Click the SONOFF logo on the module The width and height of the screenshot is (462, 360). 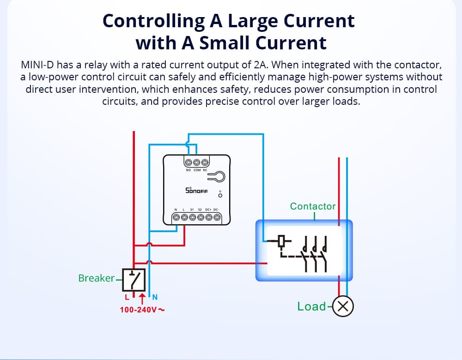[196, 190]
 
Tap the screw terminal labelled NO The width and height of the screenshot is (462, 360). [188, 162]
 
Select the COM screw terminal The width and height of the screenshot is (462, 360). [197, 162]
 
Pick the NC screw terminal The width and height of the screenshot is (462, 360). [205, 162]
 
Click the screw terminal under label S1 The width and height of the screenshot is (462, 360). [192, 217]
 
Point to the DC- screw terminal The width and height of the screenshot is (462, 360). [217, 217]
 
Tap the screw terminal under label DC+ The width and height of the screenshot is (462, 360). [209, 217]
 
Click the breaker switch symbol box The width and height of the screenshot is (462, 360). [134, 280]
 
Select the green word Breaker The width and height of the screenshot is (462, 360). [97, 278]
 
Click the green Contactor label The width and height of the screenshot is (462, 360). [313, 206]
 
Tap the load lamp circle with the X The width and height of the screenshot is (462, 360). [343, 306]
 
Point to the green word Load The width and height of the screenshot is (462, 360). [311, 306]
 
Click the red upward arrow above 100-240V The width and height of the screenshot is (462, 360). [142, 299]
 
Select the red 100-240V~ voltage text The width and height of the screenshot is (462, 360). [142, 310]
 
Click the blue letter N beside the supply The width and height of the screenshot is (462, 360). [155, 297]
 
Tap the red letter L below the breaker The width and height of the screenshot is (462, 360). [127, 297]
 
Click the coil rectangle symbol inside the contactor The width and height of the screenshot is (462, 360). [282, 241]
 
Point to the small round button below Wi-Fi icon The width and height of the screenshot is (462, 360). [220, 195]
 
